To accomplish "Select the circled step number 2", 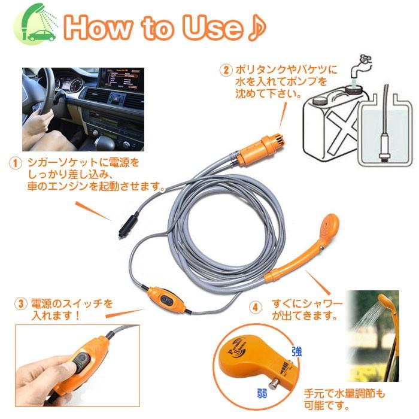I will coord(225,70).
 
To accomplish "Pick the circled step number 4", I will coord(256,306).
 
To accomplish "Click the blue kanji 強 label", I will coord(297,351).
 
